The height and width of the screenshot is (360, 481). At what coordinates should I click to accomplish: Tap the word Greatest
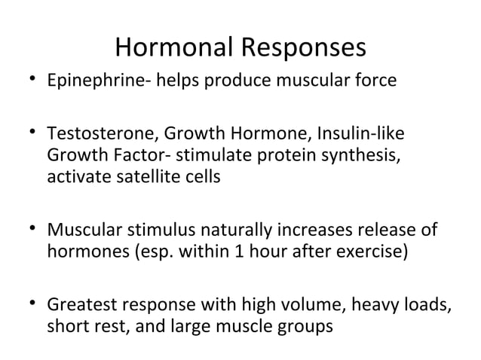click(79, 307)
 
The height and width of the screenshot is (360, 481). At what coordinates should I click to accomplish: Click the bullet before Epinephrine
click(28, 80)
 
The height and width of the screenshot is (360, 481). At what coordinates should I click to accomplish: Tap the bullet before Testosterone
click(28, 136)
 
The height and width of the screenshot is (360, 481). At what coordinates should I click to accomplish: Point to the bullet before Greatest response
click(28, 306)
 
